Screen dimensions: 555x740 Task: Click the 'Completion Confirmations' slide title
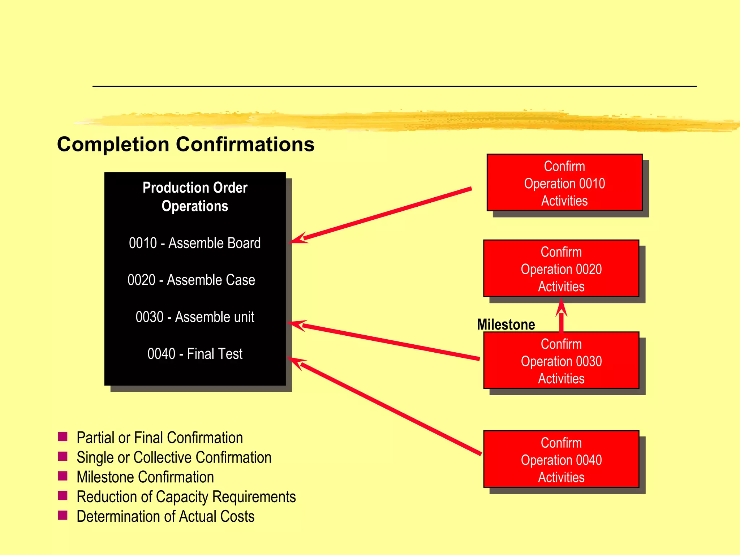(186, 145)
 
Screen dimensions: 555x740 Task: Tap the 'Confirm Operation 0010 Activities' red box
(564, 183)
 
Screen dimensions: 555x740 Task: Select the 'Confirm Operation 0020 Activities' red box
(561, 268)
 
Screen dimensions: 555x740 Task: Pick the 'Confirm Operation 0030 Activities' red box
(561, 361)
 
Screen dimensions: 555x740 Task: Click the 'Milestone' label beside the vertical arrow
(506, 324)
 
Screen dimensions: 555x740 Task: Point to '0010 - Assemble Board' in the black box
(195, 243)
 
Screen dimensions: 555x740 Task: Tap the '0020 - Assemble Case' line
(191, 280)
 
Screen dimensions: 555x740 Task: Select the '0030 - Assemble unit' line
(195, 317)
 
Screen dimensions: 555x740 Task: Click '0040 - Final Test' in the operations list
(195, 354)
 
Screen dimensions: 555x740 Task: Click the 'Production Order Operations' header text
(195, 197)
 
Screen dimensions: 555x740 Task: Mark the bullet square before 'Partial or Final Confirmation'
(63, 437)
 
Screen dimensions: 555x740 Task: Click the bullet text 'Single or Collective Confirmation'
(174, 457)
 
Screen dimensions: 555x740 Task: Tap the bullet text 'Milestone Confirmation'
(145, 477)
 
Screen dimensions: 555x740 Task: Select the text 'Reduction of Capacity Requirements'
(186, 497)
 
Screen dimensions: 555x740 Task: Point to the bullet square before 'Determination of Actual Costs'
(63, 515)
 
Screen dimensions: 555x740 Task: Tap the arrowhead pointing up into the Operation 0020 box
(561, 307)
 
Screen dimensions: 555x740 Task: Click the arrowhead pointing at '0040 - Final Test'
(296, 362)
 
